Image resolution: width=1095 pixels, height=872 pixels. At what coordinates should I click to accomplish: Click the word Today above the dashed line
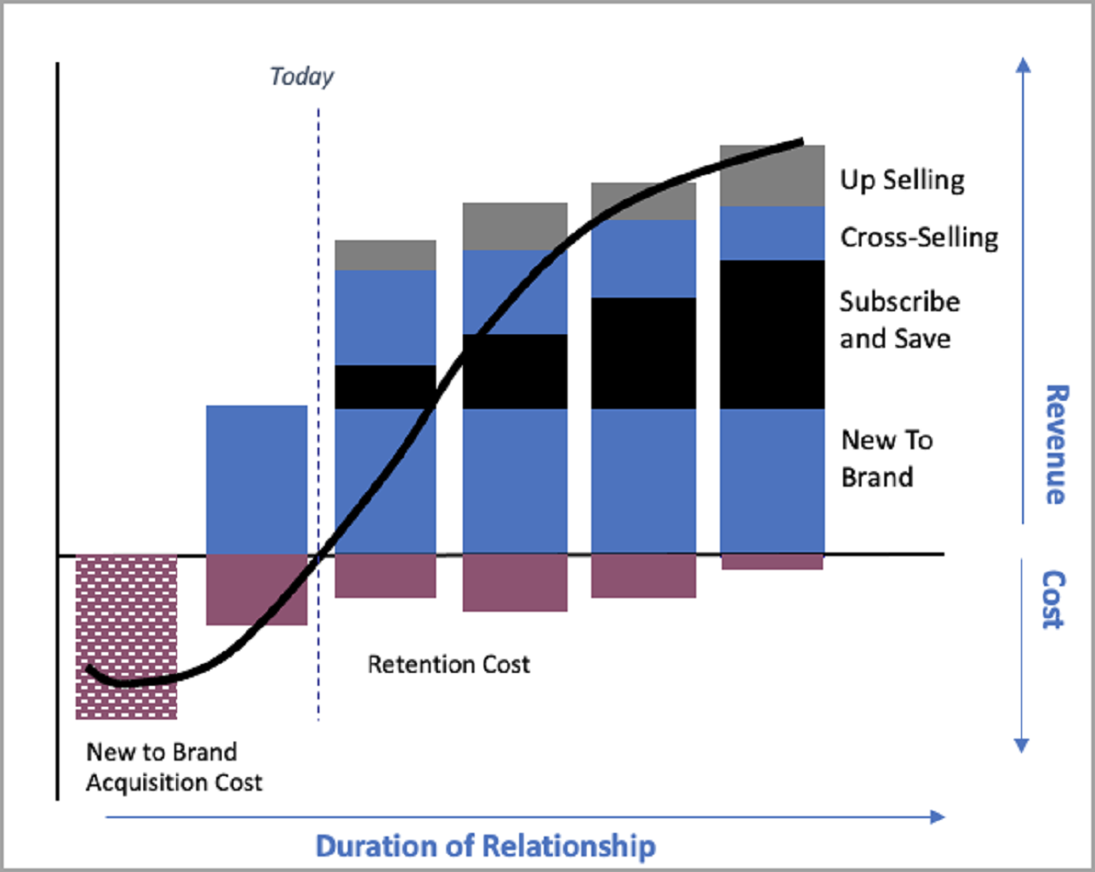coord(302,76)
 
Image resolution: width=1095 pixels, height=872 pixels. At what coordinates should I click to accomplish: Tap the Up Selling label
coord(902,180)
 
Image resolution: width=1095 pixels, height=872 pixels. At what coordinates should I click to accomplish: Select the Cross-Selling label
coord(919,238)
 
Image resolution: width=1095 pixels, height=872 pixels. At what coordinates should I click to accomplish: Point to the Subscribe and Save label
coord(899,320)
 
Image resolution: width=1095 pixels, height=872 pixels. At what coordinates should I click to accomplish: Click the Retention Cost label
coord(448,664)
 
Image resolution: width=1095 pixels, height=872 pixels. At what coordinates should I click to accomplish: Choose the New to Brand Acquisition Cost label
coord(173,767)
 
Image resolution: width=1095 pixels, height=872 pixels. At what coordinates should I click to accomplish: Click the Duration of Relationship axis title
coord(485,846)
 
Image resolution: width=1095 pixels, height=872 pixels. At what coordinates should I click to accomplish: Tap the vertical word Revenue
coord(1054,444)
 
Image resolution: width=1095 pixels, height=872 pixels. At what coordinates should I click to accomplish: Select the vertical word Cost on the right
coord(1054,599)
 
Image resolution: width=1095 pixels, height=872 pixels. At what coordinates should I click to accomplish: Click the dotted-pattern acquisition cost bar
coord(126,636)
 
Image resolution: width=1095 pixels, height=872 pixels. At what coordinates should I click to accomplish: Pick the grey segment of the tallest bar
coord(772,175)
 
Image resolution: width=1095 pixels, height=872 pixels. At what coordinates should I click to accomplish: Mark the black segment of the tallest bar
coord(772,334)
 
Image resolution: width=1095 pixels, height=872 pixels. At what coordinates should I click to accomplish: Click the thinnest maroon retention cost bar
coord(772,562)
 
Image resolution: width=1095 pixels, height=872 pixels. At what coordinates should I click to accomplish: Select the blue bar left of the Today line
coord(256,479)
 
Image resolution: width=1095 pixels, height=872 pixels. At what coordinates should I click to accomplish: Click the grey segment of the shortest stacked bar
coord(385,255)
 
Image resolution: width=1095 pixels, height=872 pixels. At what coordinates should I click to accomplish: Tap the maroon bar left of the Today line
coord(256,590)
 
